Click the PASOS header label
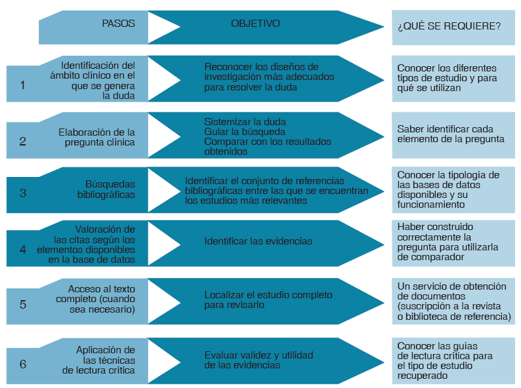pyautogui.click(x=118, y=24)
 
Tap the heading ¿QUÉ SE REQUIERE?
pyautogui.click(x=449, y=27)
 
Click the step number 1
pyautogui.click(x=22, y=85)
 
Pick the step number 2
pyautogui.click(x=22, y=141)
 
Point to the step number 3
pyautogui.click(x=22, y=193)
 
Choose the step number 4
pyautogui.click(x=22, y=250)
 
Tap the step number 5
pyautogui.click(x=22, y=304)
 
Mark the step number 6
pyautogui.click(x=22, y=364)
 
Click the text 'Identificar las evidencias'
pyautogui.click(x=258, y=241)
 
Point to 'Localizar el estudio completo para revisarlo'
pyautogui.click(x=268, y=300)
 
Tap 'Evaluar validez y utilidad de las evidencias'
pyautogui.click(x=259, y=360)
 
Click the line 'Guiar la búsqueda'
pyautogui.click(x=235, y=131)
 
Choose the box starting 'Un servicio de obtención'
pyautogui.click(x=453, y=301)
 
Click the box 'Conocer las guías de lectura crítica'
pyautogui.click(x=453, y=361)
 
